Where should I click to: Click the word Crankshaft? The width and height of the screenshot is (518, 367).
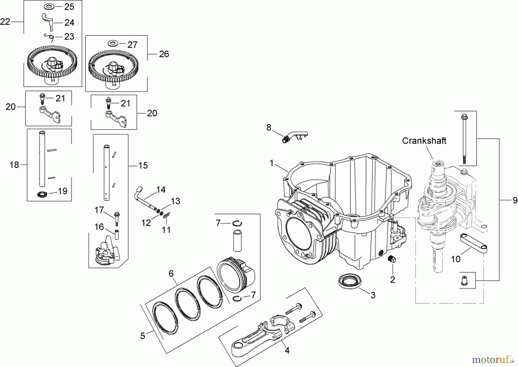click(x=424, y=141)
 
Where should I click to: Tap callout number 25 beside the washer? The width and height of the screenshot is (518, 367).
click(x=69, y=7)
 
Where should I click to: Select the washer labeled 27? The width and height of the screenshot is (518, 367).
click(x=113, y=44)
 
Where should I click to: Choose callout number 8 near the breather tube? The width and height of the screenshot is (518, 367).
click(x=268, y=127)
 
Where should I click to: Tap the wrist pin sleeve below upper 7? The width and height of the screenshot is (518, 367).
click(x=237, y=240)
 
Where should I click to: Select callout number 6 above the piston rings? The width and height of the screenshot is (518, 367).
click(x=171, y=274)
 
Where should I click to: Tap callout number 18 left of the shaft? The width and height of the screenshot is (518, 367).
click(x=14, y=165)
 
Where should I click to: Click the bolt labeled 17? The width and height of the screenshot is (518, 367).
click(x=117, y=218)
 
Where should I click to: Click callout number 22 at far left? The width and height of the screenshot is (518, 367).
click(x=5, y=22)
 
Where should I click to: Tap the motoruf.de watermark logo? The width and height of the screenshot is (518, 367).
click(x=493, y=359)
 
